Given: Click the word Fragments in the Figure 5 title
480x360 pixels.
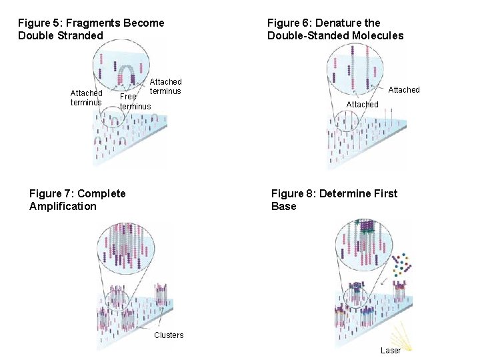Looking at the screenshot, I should (95, 23).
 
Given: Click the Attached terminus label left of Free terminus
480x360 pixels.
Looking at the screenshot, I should (87, 97).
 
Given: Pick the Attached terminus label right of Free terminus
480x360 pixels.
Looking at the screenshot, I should (165, 86).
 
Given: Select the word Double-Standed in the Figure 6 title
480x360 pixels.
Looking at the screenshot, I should (305, 35).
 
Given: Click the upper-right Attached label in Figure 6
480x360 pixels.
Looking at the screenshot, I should (404, 89).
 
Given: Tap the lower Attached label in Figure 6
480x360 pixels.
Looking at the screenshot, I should (362, 104).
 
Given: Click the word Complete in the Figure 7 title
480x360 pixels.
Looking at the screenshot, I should (101, 193).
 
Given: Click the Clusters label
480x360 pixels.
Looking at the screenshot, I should (169, 335).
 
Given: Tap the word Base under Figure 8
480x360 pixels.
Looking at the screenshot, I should (283, 206).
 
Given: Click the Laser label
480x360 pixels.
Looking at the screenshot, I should (390, 351).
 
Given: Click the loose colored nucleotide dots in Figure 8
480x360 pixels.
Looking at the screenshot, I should (403, 263).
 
